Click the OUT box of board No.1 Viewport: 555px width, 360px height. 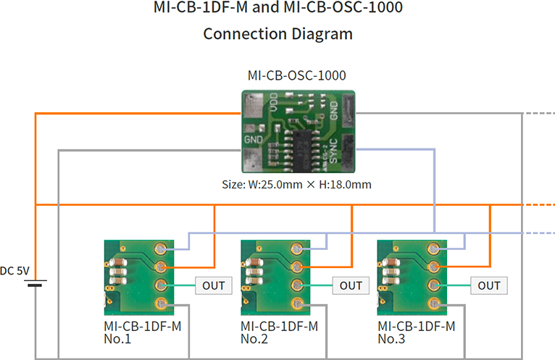point(214,285)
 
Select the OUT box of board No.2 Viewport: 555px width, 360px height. point(351,285)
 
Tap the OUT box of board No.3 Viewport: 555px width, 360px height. point(489,285)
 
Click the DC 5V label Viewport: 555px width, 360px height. point(14,271)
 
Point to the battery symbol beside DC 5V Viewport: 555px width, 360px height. point(34,283)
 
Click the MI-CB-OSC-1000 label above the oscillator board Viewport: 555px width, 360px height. point(296,75)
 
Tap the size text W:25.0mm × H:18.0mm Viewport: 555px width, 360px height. point(296,185)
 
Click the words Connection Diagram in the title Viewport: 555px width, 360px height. point(277,33)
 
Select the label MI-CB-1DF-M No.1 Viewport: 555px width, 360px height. point(142,332)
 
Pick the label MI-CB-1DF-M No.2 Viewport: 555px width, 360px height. point(280,332)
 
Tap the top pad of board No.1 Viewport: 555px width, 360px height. point(162,248)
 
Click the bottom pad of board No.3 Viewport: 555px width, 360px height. point(435,304)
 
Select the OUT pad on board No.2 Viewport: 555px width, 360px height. point(299,285)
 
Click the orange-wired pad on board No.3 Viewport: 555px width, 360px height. point(435,267)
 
